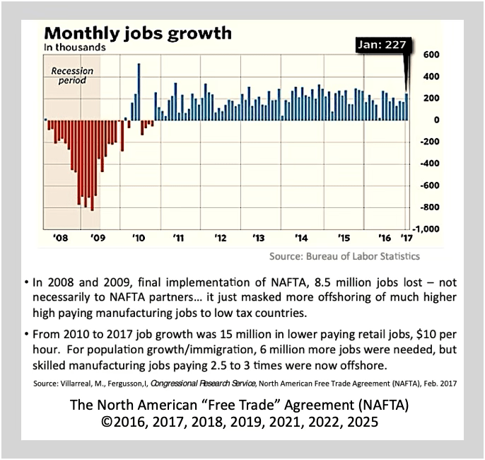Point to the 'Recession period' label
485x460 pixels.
pos(69,75)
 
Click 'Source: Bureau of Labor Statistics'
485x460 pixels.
pos(344,255)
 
